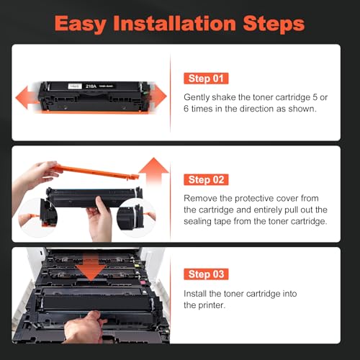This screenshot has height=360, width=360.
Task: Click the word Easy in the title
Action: (x=81, y=24)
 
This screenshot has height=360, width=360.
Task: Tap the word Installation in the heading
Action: (x=174, y=23)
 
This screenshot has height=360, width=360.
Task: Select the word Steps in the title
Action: (x=274, y=24)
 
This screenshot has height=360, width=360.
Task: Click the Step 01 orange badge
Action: (x=206, y=78)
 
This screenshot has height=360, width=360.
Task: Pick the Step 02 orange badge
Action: (x=206, y=180)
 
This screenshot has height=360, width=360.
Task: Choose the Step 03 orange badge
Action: (x=206, y=274)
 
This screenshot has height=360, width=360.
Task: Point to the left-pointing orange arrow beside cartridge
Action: (x=27, y=97)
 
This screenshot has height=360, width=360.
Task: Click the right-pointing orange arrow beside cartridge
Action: (x=158, y=96)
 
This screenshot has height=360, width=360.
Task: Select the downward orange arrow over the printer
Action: (x=91, y=268)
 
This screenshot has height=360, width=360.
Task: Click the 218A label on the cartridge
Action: (x=91, y=86)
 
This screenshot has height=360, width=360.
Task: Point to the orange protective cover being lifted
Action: (x=96, y=171)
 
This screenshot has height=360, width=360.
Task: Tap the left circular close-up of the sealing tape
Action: (x=37, y=217)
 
